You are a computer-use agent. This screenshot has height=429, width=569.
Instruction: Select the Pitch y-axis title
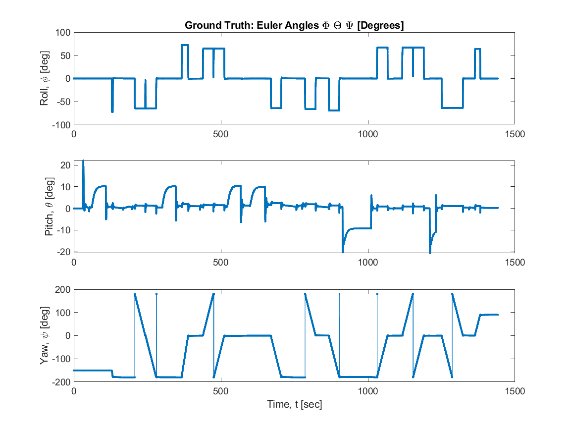pyautogui.click(x=50, y=208)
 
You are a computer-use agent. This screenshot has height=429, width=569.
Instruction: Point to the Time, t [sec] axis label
pyautogui.click(x=294, y=405)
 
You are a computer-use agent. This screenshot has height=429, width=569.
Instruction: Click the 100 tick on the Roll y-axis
pyautogui.click(x=62, y=33)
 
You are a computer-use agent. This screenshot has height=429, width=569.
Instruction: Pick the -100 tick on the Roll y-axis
pyautogui.click(x=61, y=125)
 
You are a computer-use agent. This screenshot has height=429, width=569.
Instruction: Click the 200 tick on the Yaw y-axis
pyautogui.click(x=62, y=289)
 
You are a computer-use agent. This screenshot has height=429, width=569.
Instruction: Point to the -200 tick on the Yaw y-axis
pyautogui.click(x=61, y=382)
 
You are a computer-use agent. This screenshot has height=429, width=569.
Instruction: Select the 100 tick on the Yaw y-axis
pyautogui.click(x=62, y=313)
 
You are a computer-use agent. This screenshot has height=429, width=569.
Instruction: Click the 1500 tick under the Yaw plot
pyautogui.click(x=515, y=391)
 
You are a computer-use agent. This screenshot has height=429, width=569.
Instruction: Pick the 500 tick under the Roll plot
pyautogui.click(x=221, y=134)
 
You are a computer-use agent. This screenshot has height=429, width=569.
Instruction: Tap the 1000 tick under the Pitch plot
pyautogui.click(x=368, y=262)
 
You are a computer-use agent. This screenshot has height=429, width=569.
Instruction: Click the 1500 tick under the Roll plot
pyautogui.click(x=515, y=134)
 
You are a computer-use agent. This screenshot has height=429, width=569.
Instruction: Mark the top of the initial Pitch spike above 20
pyautogui.click(x=83, y=161)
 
